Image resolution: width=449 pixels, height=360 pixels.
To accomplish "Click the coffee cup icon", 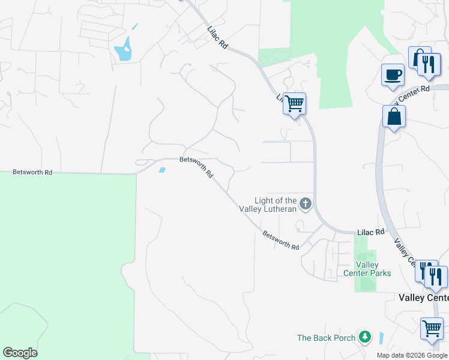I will (x=393, y=75).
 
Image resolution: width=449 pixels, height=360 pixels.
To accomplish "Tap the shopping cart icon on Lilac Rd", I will (x=294, y=103).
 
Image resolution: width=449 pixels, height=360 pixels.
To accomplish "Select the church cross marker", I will (x=306, y=204).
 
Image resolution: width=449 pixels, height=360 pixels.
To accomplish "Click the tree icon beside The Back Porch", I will (x=364, y=337).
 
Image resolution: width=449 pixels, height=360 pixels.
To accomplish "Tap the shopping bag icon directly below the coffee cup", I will (x=394, y=117).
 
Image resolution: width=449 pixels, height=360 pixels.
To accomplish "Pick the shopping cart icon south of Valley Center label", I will (x=432, y=329).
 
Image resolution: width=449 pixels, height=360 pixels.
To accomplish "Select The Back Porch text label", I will (x=327, y=338).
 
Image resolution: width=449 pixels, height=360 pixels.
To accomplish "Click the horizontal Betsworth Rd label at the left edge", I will (x=32, y=172).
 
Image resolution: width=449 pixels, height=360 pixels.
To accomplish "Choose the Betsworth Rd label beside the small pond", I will (x=197, y=167).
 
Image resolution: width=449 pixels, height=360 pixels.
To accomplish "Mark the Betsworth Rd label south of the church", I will (x=280, y=241).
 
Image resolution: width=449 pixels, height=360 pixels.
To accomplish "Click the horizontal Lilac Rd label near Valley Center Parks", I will (x=370, y=232).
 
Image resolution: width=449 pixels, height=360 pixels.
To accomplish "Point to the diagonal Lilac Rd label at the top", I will (x=218, y=37).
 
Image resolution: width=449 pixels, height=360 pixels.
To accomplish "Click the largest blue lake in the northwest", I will (x=123, y=49).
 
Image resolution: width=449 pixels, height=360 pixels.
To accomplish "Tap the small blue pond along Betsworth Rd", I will (x=161, y=170).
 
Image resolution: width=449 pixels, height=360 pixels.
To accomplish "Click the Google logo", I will (x=20, y=353).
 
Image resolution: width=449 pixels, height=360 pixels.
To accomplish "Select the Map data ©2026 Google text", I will (x=412, y=355).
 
